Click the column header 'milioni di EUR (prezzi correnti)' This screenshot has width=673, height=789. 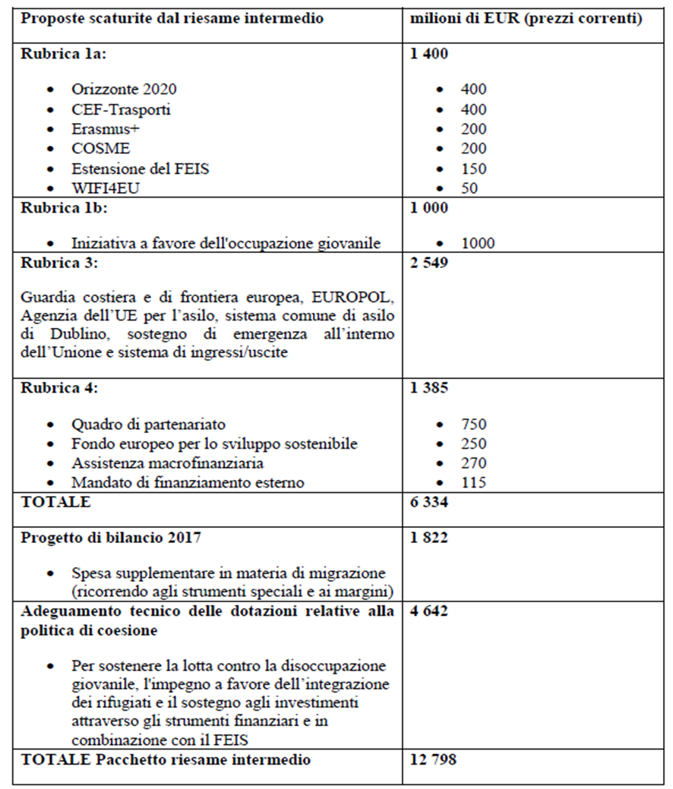pyautogui.click(x=526, y=18)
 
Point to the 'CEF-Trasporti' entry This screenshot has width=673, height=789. pyautogui.click(x=121, y=109)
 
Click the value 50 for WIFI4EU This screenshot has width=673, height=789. pyautogui.click(x=469, y=188)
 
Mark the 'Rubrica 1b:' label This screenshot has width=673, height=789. pyautogui.click(x=56, y=207)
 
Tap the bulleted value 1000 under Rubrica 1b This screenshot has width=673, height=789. pyautogui.click(x=477, y=243)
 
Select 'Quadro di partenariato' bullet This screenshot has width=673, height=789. pyautogui.click(x=149, y=424)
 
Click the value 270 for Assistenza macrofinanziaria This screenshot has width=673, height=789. pyautogui.click(x=473, y=462)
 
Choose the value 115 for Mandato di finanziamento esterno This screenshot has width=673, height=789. pyautogui.click(x=473, y=482)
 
